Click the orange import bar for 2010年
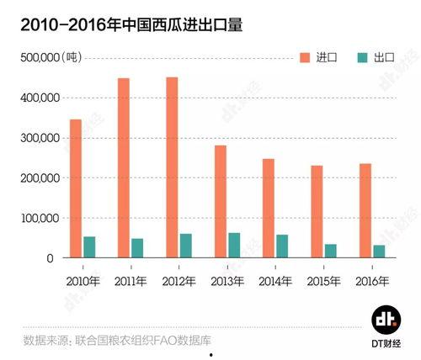pyautogui.click(x=76, y=188)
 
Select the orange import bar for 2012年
pyautogui.click(x=172, y=167)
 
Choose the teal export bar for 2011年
pyautogui.click(x=137, y=248)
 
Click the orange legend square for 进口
pyautogui.click(x=305, y=57)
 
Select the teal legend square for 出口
pyautogui.click(x=363, y=57)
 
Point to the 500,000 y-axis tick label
pyautogui.click(x=35, y=57)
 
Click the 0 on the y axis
pyautogui.click(x=51, y=258)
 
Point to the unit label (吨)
pyautogui.click(x=72, y=57)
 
